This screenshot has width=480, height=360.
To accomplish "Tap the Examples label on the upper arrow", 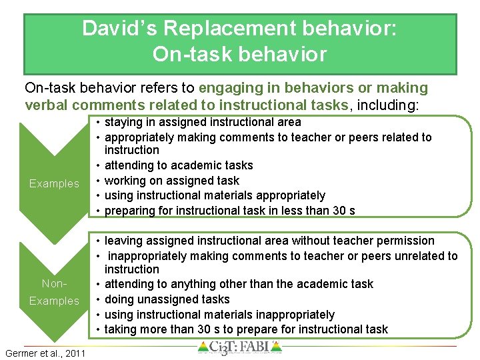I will point(54,183).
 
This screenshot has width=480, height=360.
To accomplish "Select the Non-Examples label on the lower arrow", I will point(54,292).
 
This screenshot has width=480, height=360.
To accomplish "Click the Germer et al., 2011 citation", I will point(45,353).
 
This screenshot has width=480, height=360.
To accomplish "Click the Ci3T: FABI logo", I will point(240,348).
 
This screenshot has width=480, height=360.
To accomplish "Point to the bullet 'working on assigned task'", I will point(172,180).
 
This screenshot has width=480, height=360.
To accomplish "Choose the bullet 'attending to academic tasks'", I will point(179,165).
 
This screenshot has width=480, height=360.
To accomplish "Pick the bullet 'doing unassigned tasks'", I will point(167,299).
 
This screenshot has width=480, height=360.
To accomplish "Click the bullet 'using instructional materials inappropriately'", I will point(219,314).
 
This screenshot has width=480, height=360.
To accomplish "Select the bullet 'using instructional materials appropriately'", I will point(215,195).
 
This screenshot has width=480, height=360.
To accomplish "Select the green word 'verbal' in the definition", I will point(46,105).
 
